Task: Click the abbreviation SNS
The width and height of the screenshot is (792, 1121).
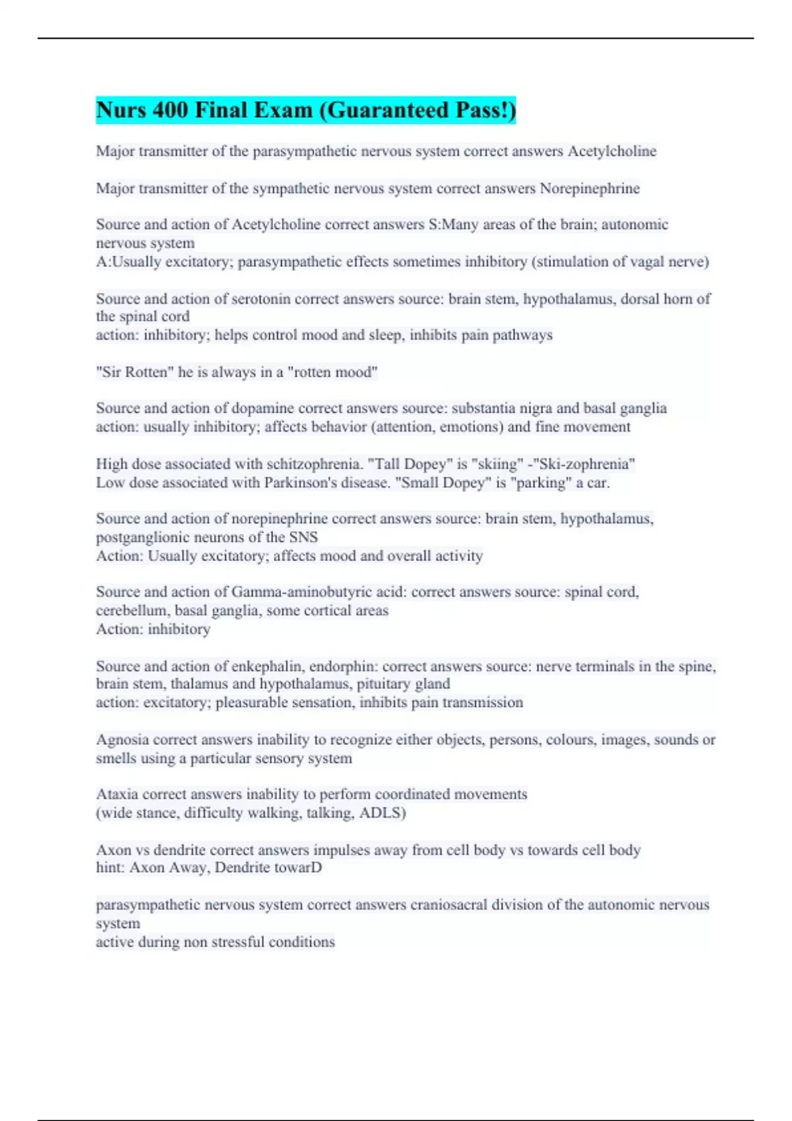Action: (304, 537)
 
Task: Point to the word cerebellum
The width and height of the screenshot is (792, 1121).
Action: (132, 611)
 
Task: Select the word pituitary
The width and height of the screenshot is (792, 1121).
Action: (383, 684)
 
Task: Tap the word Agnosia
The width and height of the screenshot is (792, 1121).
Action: (122, 740)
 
